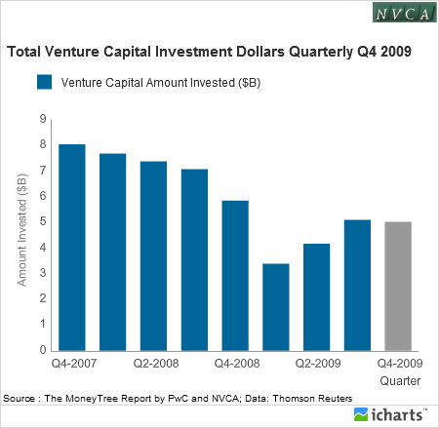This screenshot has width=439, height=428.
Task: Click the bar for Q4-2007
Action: click(x=72, y=248)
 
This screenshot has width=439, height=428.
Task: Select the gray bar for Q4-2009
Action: click(x=398, y=286)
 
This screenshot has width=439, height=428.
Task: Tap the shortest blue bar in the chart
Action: click(x=276, y=306)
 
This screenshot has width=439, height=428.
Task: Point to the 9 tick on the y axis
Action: click(x=42, y=119)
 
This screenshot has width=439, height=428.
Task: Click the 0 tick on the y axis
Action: click(x=42, y=350)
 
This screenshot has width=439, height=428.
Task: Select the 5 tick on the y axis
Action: click(x=42, y=221)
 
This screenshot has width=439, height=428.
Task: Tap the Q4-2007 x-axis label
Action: click(x=72, y=364)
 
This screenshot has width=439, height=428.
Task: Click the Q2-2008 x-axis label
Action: click(x=153, y=364)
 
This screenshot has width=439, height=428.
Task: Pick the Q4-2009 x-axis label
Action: click(x=398, y=364)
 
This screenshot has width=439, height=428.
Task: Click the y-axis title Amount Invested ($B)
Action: click(x=21, y=234)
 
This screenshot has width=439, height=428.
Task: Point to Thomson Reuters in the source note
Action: click(x=313, y=398)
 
